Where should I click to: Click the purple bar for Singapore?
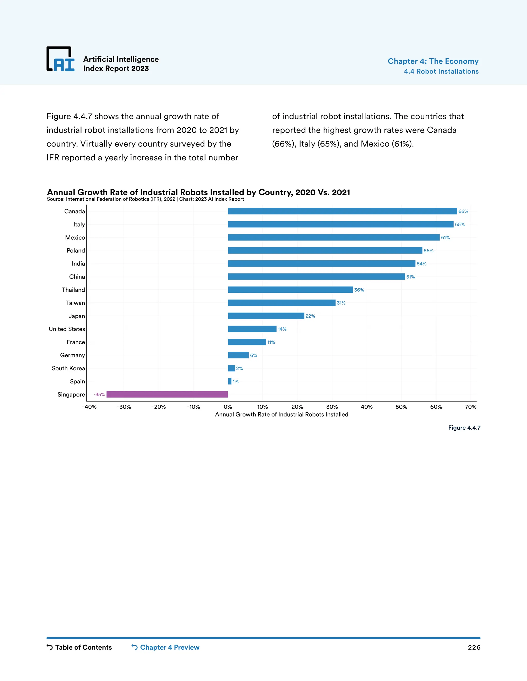pyautogui.click(x=167, y=394)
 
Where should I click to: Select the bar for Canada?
pyautogui.click(x=342, y=211)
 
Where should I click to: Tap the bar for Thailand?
pyautogui.click(x=290, y=290)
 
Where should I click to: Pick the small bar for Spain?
pyautogui.click(x=230, y=381)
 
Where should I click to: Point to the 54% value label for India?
pyautogui.click(x=421, y=264)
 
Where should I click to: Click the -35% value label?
pyautogui.click(x=99, y=395)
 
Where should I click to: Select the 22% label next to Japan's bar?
pyautogui.click(x=310, y=316)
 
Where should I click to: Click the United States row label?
pyautogui.click(x=67, y=329)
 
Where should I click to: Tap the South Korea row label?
pyautogui.click(x=68, y=368)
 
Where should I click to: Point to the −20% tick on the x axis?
pyautogui.click(x=158, y=407)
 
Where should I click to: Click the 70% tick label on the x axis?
pyautogui.click(x=470, y=407)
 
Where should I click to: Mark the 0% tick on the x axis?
pyautogui.click(x=228, y=407)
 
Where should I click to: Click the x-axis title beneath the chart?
pyautogui.click(x=282, y=415)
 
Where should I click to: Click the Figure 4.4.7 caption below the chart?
pyautogui.click(x=464, y=428)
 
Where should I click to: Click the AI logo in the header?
pyautogui.click(x=60, y=59)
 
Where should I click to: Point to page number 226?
pyautogui.click(x=474, y=648)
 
